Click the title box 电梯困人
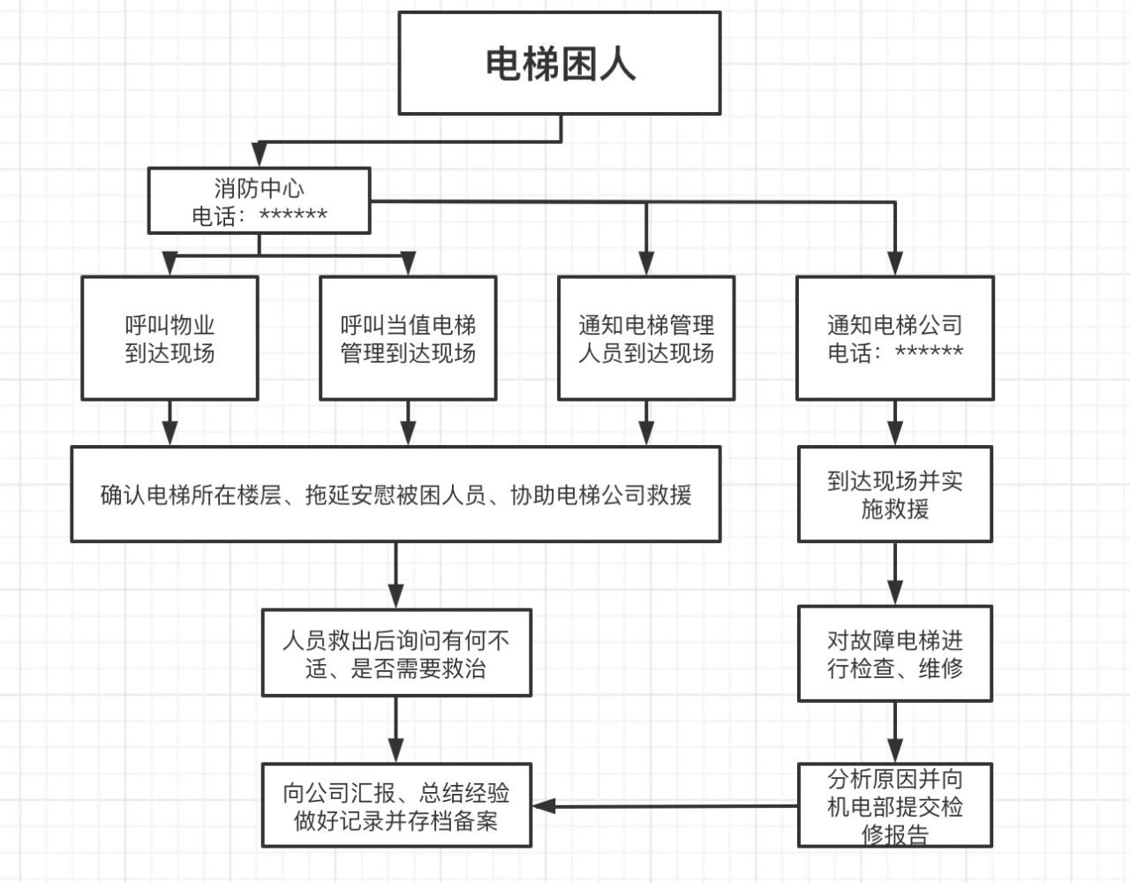[560, 64]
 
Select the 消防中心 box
[259, 201]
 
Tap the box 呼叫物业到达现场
[169, 339]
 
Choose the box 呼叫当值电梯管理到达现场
[408, 339]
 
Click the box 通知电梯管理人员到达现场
[646, 339]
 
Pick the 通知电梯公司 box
[895, 339]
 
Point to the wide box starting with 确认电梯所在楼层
[395, 494]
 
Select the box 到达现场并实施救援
[895, 494]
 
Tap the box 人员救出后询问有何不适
[396, 653]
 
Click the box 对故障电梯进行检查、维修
[895, 653]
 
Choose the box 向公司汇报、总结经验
[396, 806]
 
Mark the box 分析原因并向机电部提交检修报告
[895, 806]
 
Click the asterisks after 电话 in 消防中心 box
[294, 215]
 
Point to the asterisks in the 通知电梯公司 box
[930, 352]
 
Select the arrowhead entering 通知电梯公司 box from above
[895, 264]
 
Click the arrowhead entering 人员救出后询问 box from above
[395, 597]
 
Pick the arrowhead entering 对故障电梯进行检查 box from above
[895, 593]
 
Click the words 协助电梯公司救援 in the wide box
[601, 494]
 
